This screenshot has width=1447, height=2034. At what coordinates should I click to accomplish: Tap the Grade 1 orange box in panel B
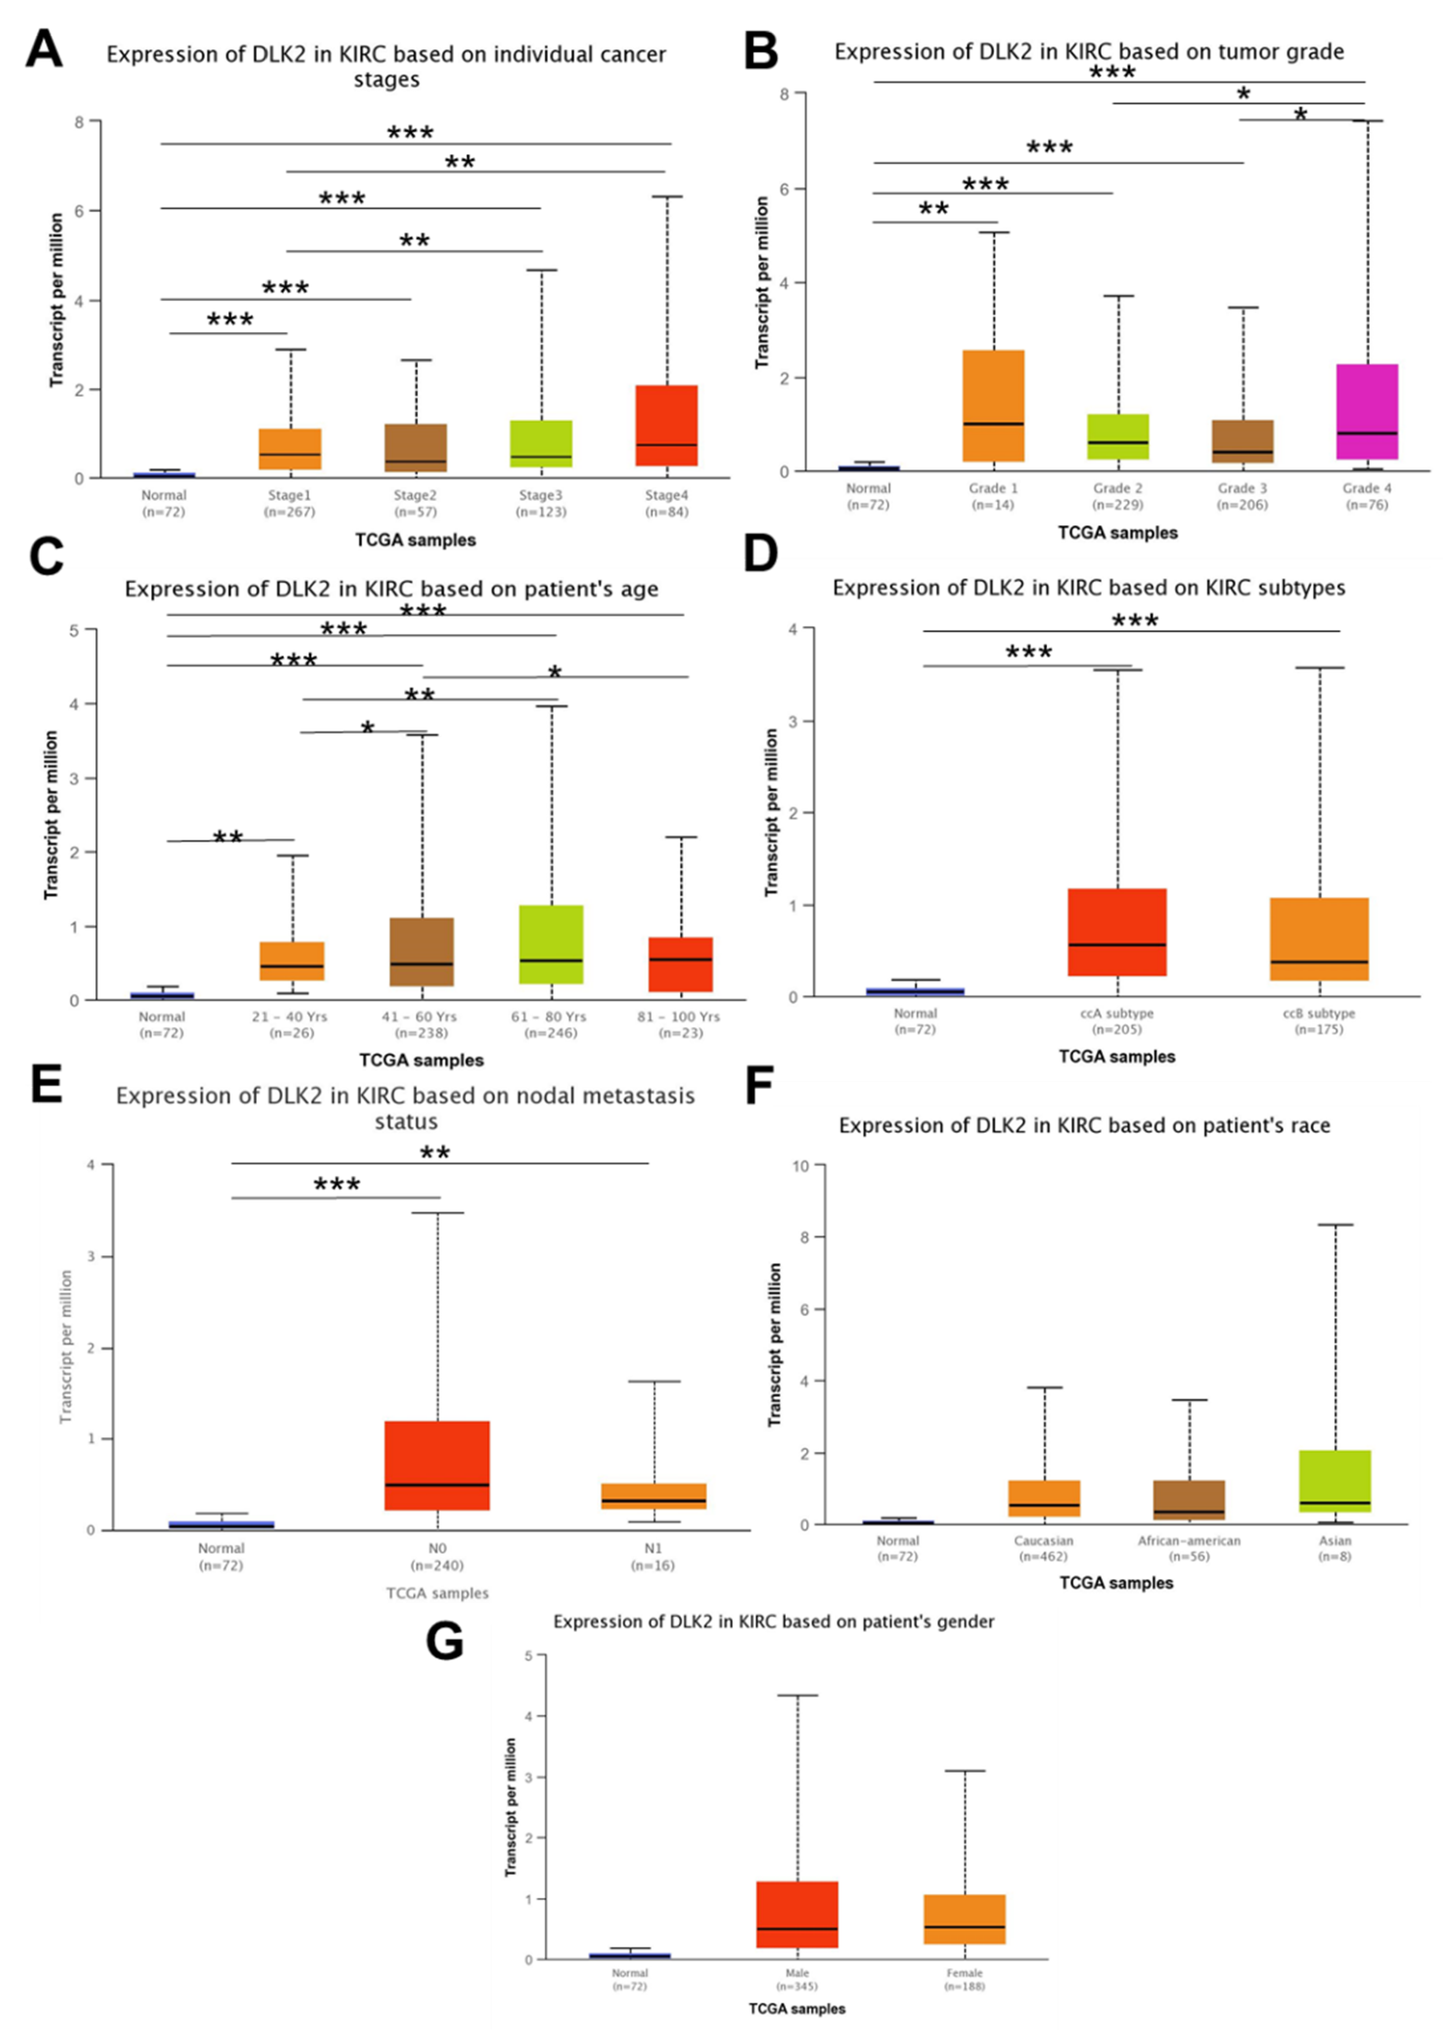click(x=994, y=406)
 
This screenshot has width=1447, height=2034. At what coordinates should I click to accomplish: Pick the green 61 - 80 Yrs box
click(x=551, y=945)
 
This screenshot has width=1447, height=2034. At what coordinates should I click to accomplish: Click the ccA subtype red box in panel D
click(x=1117, y=932)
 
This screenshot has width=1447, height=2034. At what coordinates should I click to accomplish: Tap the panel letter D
click(x=760, y=554)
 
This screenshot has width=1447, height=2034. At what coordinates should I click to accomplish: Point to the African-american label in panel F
click(x=1189, y=1540)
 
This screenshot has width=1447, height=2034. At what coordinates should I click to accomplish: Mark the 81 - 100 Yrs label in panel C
click(x=679, y=1017)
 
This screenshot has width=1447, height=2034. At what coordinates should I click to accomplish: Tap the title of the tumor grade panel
click(x=1089, y=52)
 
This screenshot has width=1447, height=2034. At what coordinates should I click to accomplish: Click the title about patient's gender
click(x=773, y=1622)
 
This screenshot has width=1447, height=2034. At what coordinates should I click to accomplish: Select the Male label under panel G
click(x=797, y=1973)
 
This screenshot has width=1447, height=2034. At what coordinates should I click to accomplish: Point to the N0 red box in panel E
click(x=437, y=1466)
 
